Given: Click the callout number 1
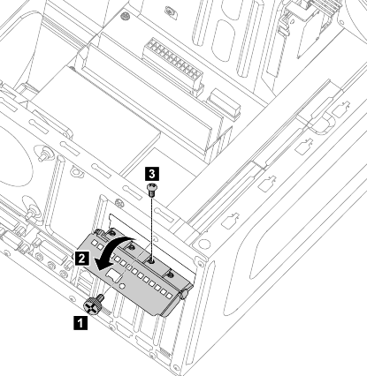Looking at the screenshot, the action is pyautogui.click(x=80, y=323).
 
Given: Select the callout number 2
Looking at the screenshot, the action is pyautogui.click(x=81, y=258).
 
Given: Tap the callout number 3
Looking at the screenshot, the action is pyautogui.click(x=152, y=174).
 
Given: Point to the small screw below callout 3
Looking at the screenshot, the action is pyautogui.click(x=151, y=190).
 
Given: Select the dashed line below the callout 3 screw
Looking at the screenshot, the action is pyautogui.click(x=151, y=228).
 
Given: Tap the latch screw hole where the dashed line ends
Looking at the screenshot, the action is pyautogui.click(x=151, y=260).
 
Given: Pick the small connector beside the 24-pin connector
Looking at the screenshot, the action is pyautogui.click(x=224, y=104).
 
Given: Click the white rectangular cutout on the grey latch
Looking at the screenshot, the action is pyautogui.click(x=114, y=274).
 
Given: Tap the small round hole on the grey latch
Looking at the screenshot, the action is pyautogui.click(x=121, y=286).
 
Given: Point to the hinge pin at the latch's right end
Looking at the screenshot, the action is pyautogui.click(x=183, y=294).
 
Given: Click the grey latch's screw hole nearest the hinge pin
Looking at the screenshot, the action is pyautogui.click(x=170, y=274).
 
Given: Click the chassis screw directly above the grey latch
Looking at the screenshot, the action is pyautogui.click(x=119, y=203).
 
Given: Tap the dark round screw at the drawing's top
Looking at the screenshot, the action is pyautogui.click(x=126, y=15).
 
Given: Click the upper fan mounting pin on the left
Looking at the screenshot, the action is pyautogui.click(x=44, y=154).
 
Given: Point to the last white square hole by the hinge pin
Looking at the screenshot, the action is pyautogui.click(x=169, y=295).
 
